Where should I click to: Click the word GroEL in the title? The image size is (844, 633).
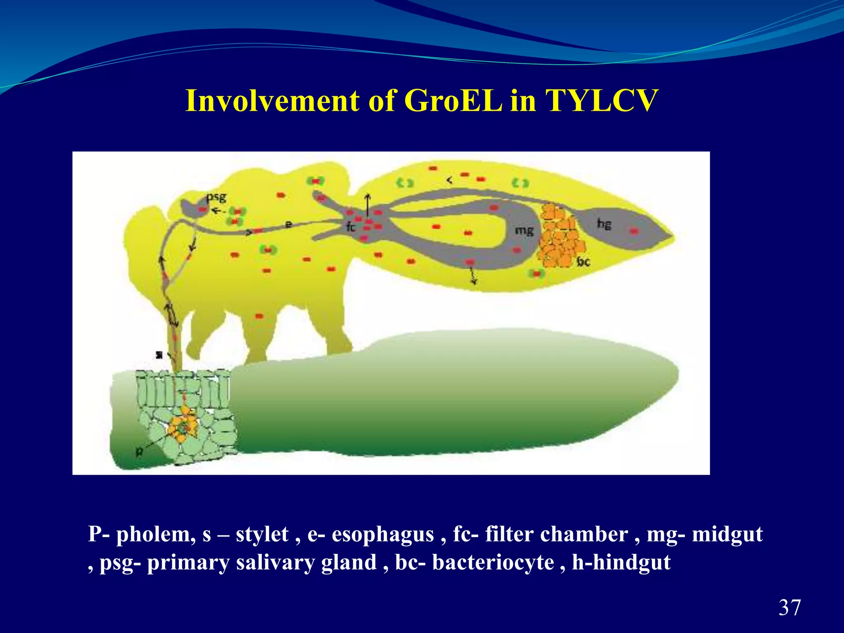[x=453, y=101]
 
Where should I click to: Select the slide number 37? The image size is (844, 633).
[x=790, y=607]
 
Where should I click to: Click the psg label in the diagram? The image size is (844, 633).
[x=216, y=197]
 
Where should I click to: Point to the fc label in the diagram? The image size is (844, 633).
[x=351, y=226]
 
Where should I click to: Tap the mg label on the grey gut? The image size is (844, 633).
[x=524, y=230]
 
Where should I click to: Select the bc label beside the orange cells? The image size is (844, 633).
[x=583, y=261]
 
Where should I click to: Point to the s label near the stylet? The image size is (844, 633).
[x=159, y=354]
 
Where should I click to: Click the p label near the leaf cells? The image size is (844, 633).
[x=139, y=452]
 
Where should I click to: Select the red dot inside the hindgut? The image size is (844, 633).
[x=634, y=231]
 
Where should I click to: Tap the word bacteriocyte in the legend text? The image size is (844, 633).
[x=493, y=563]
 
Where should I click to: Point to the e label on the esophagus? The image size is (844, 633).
[x=289, y=224]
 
